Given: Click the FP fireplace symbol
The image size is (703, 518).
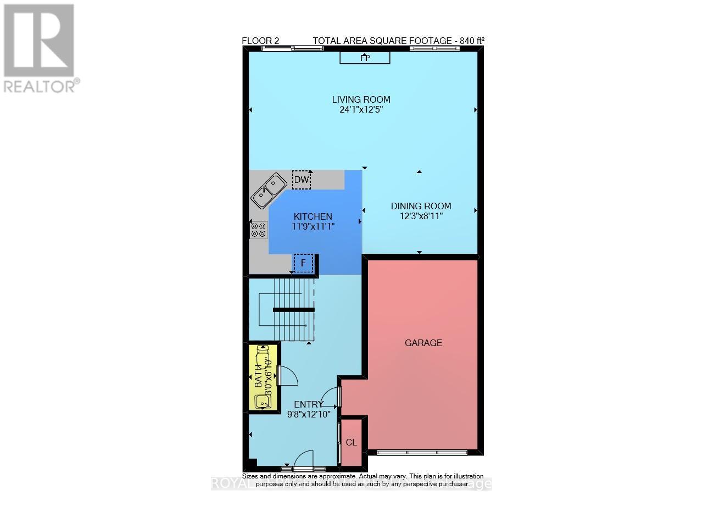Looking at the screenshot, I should pyautogui.click(x=365, y=58).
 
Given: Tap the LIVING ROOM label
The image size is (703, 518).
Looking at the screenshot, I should pyautogui.click(x=361, y=99).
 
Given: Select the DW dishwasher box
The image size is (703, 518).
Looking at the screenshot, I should pyautogui.click(x=302, y=180).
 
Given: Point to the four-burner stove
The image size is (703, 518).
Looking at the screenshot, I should pyautogui.click(x=259, y=230).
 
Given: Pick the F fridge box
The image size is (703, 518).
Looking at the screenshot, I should pyautogui.click(x=303, y=263).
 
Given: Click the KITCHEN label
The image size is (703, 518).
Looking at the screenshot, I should pyautogui.click(x=313, y=216).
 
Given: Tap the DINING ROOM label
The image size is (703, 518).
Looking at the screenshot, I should pyautogui.click(x=421, y=206).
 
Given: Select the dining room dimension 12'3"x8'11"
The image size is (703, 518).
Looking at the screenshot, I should pyautogui.click(x=421, y=216).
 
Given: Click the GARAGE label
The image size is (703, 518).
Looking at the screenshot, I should pyautogui.click(x=423, y=343).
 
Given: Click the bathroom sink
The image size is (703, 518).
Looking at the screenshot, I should pyautogui.click(x=263, y=401).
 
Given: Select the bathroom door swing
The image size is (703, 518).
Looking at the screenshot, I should pyautogui.click(x=287, y=376).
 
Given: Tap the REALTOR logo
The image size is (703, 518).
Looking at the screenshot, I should pyautogui.click(x=39, y=48).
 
